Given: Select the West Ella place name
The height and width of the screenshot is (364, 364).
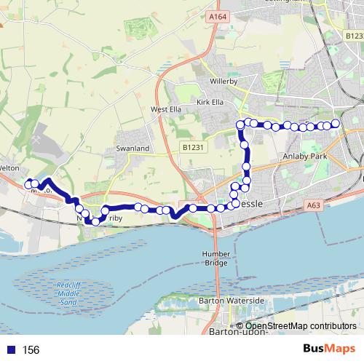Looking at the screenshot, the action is (165, 110).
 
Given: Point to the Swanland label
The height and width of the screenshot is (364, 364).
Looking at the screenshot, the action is (132, 149).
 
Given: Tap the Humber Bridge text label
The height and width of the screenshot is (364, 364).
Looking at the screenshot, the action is (216, 258).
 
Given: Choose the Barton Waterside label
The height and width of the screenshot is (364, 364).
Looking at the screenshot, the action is (231, 300).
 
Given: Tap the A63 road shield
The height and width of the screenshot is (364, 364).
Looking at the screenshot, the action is (314, 206).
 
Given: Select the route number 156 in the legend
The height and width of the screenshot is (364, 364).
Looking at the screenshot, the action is (31, 350).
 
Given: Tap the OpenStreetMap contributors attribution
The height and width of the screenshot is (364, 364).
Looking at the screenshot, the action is (298, 325).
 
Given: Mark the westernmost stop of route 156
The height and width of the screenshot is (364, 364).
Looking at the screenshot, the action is (29, 185).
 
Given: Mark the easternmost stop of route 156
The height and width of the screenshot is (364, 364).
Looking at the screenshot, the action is (336, 124).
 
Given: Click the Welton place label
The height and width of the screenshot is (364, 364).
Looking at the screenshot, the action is (9, 167).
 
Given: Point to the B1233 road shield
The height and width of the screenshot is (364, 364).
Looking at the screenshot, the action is (355, 35).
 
